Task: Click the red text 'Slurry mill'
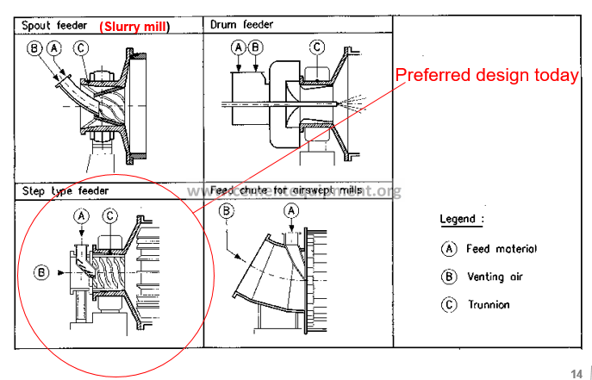coord(134,26)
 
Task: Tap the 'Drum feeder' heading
coord(242,25)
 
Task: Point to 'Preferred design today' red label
coord(487,75)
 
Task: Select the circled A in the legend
coord(448,248)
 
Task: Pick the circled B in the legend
coord(448,277)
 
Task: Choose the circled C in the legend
coord(448,304)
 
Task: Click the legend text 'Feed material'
coord(502,248)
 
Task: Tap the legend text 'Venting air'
coord(495,277)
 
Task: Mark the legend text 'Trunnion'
coord(489,304)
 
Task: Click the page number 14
coord(576,372)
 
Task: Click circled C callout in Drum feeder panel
coord(317,47)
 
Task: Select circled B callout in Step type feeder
coord(41,272)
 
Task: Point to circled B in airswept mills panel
coord(226,210)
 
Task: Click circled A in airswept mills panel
coord(291,210)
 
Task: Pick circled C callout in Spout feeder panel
coord(79,48)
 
